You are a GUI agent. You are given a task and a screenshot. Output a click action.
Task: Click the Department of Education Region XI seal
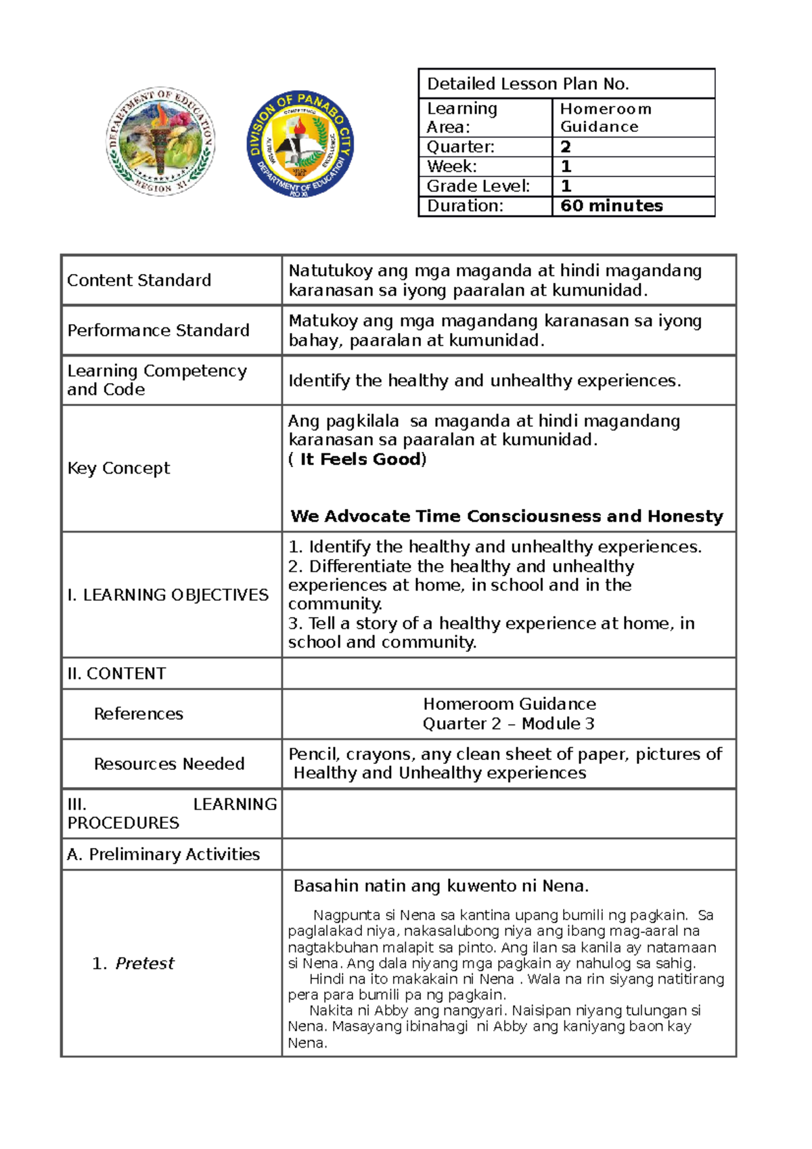[160, 141]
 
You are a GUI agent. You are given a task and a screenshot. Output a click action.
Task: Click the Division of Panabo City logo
[300, 144]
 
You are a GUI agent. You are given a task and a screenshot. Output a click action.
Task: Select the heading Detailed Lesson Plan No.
[528, 84]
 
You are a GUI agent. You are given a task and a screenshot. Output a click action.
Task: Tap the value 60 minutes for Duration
[611, 206]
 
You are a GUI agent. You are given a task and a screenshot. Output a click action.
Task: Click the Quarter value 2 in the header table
[566, 147]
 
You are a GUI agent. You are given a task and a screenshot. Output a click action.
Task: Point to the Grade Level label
[478, 186]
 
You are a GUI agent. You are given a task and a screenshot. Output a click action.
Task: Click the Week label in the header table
[451, 166]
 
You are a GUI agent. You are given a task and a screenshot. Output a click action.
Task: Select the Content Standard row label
[139, 280]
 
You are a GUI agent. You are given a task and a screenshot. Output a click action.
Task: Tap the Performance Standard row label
[158, 330]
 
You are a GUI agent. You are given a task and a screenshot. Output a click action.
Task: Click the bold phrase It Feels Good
[361, 459]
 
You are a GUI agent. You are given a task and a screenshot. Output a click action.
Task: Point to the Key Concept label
[118, 468]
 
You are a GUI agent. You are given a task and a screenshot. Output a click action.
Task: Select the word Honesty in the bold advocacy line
[685, 516]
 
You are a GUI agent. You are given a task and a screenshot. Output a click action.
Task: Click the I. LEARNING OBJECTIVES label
[168, 595]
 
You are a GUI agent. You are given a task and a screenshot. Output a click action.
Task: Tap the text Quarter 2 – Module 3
[508, 723]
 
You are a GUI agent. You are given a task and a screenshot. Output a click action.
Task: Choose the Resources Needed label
[169, 764]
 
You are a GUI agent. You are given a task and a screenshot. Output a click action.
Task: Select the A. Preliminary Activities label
[163, 855]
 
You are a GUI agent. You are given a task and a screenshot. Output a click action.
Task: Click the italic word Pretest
[144, 964]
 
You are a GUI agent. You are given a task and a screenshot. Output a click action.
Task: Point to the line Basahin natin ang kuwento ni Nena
[441, 886]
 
